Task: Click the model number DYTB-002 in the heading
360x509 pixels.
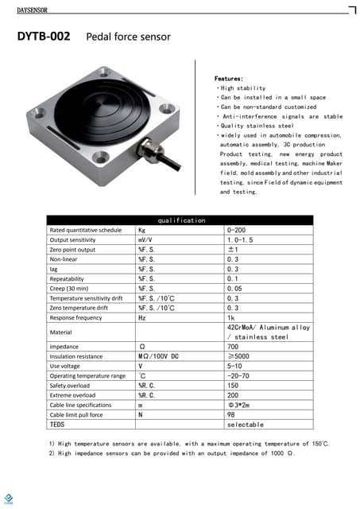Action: (44, 37)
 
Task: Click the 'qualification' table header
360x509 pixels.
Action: (181, 220)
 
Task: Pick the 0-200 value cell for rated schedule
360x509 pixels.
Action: (238, 230)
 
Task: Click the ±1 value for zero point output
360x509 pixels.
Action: (234, 250)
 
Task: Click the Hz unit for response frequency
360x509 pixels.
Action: (142, 317)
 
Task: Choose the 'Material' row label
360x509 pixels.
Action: (60, 332)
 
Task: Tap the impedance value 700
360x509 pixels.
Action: (233, 347)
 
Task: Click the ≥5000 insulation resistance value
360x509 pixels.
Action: (238, 356)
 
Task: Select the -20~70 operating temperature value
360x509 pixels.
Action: (239, 375)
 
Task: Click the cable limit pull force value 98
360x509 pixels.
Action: (231, 414)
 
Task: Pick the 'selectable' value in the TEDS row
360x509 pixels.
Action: (245, 425)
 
